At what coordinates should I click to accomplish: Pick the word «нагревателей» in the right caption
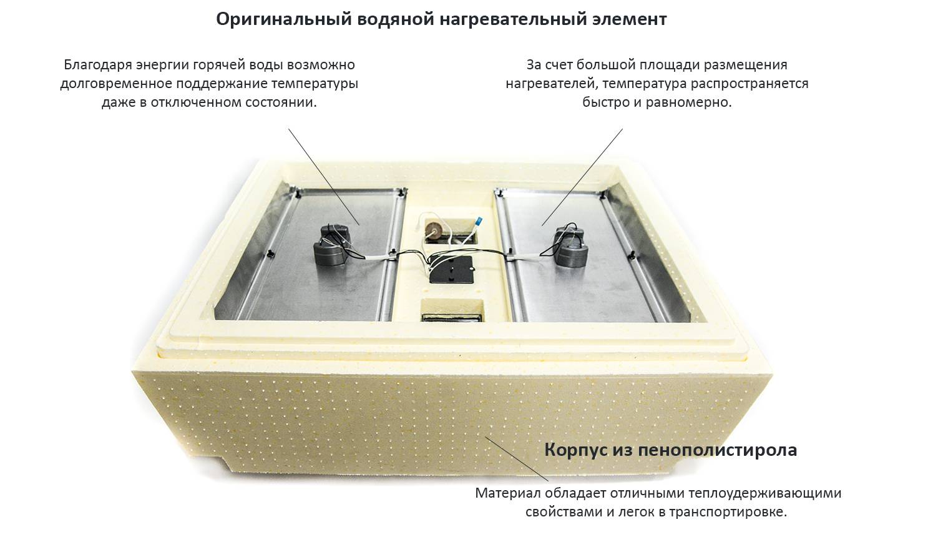pos(552,84)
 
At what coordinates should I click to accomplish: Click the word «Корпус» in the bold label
pos(576,450)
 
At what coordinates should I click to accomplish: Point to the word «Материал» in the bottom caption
pos(508,493)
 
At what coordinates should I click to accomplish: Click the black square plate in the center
pos(451,269)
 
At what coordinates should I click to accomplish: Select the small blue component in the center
pos(479,221)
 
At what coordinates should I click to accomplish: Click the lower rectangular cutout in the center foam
pos(452,311)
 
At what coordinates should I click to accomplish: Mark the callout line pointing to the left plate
pos(324,177)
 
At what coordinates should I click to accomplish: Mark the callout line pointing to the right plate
pos(582,177)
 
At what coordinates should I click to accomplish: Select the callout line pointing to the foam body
pos(517,459)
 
